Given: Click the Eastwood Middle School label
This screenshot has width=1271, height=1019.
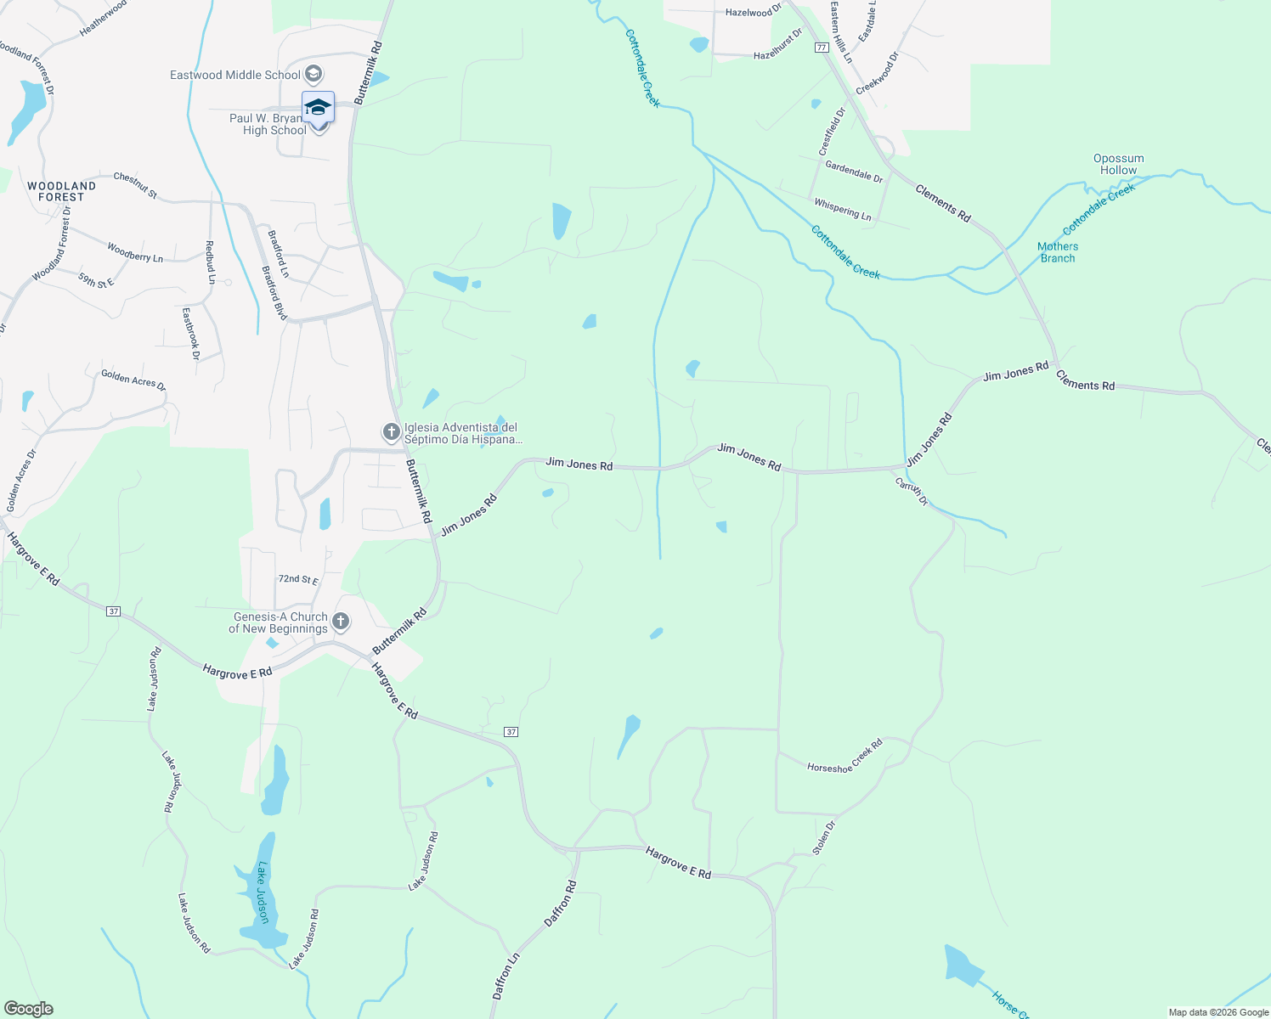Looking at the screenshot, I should pos(234,75).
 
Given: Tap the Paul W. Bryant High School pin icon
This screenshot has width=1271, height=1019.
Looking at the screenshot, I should pos(318,109).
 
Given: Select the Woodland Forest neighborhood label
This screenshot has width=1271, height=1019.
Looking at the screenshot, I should pos(61,191).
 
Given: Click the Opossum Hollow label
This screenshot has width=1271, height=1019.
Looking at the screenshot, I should pos(1118,164).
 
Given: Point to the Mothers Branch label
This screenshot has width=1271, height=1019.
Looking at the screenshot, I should pos(1057,252).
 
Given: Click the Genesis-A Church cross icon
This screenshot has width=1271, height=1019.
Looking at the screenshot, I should pos(340,622).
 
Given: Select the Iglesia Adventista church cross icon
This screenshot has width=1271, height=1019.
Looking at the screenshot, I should pos(391,433).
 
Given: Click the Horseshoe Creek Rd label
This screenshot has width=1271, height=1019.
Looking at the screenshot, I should pos(845,756).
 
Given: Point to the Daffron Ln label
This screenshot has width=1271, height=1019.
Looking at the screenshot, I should pos(506,977).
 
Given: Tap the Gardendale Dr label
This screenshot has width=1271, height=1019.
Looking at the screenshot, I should pos(854,172).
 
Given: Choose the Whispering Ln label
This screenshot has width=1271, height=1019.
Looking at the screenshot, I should pos(842,210).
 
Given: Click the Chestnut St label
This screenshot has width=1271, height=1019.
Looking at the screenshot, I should pos(135,185).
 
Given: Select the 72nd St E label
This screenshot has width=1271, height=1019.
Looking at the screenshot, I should pos(298,579).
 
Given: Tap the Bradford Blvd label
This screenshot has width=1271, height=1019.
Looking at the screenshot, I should pos(274,293).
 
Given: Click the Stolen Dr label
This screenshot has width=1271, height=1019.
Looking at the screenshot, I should pos(824,837).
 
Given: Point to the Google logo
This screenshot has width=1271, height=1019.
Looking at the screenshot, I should pos(28,1009).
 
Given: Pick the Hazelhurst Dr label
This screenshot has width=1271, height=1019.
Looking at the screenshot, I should pos(777,48).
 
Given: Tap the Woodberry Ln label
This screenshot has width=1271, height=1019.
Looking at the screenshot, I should pos(135,252).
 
